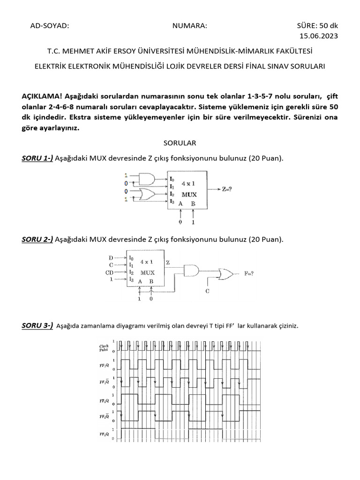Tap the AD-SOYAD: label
(49, 26)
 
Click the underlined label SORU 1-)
(37, 158)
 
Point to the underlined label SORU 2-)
(37, 240)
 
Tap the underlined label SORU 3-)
(37, 325)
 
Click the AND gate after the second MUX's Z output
(191, 270)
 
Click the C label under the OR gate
(207, 292)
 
